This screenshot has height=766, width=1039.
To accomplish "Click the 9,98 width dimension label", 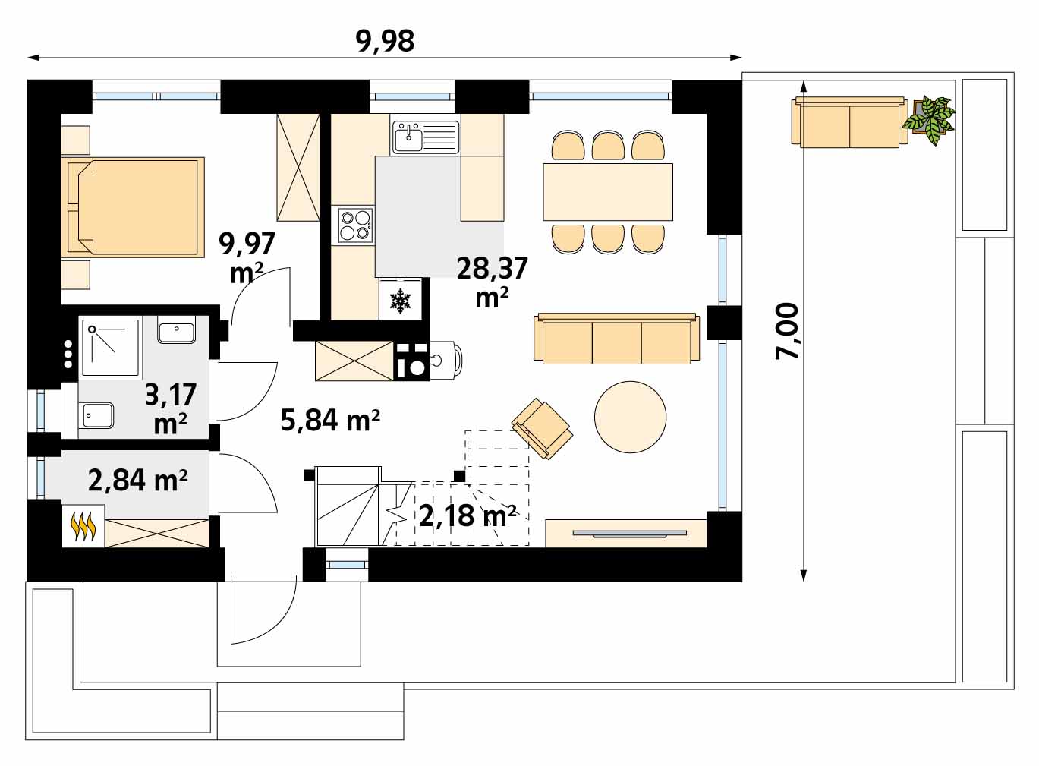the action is tap(385, 41).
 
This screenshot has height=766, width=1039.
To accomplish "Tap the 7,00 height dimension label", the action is tap(787, 331).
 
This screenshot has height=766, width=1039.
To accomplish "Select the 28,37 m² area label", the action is tap(492, 282).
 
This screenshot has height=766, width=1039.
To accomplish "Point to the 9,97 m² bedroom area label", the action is tap(247, 258).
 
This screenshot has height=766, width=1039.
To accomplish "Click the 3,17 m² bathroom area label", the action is tap(171, 408).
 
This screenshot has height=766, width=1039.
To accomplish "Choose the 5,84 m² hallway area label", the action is tap(330, 421).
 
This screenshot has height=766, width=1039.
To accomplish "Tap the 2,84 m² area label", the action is tap(138, 481).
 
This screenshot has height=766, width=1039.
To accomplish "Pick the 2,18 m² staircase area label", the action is tap(468, 516).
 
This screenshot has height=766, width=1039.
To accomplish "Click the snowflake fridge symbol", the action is tap(400, 301).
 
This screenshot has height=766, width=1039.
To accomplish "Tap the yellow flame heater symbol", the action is tap(83, 527).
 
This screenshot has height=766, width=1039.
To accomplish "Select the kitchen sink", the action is tap(426, 137).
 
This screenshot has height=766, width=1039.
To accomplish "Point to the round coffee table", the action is tap(631, 417).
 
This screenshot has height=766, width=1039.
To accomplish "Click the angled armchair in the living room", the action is tap(542, 428).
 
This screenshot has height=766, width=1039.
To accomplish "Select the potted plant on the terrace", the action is tap(929, 120).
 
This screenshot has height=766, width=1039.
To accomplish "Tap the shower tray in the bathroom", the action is tap(111, 348).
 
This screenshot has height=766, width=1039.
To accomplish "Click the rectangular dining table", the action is tap(608, 191).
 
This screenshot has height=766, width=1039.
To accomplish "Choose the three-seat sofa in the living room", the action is tap(616, 339).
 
